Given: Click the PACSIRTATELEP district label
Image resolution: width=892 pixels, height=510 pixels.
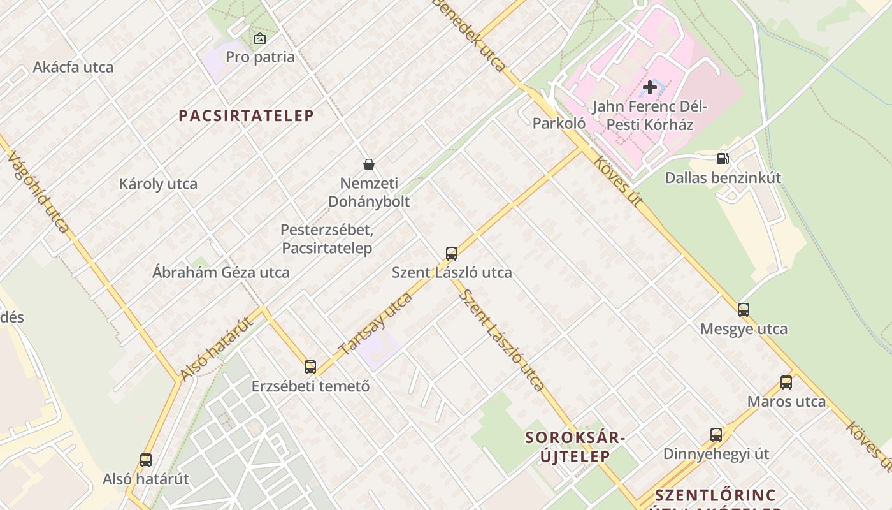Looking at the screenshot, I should (246, 115).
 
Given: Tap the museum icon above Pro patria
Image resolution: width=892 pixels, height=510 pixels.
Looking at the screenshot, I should (260, 38).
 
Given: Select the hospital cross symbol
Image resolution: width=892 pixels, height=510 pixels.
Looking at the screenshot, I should (650, 87).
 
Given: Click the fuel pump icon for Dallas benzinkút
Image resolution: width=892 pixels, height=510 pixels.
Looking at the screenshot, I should (723, 159).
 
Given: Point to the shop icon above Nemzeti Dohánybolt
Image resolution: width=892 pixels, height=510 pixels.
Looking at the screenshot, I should (368, 164).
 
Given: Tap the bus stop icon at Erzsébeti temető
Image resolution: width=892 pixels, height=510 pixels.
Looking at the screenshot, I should (310, 367).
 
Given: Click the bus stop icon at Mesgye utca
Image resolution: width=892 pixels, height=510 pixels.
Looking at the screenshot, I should (744, 310).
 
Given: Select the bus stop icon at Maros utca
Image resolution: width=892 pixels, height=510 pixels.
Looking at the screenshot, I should (786, 382).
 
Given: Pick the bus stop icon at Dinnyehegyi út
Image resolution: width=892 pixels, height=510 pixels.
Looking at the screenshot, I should (716, 435).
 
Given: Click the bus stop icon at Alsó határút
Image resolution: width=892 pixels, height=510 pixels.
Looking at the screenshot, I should (146, 460).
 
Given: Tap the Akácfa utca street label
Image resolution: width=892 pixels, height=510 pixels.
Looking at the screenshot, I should (73, 67).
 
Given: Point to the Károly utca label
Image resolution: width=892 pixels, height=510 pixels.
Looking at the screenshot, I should (158, 184).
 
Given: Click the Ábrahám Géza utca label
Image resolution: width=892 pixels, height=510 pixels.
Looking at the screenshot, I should (220, 272).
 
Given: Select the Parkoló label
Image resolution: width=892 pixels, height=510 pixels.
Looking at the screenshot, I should (559, 123).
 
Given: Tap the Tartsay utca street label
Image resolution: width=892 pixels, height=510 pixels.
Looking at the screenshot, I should (376, 324).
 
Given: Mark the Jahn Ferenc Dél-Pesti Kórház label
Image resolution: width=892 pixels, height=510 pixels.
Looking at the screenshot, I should (650, 115).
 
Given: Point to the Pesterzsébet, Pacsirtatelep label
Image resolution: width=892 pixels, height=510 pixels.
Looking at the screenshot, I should (327, 238).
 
